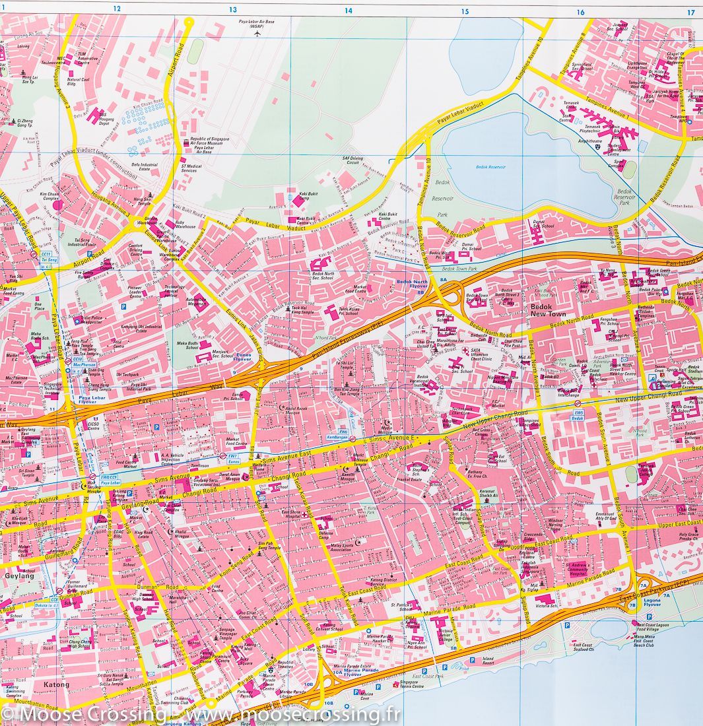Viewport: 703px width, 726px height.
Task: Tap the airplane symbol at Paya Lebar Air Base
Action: [257, 33]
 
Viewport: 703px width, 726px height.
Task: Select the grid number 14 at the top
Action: [349, 11]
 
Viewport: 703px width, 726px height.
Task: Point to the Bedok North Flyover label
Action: [413, 285]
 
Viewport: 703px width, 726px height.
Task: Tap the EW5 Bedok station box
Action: [579, 417]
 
